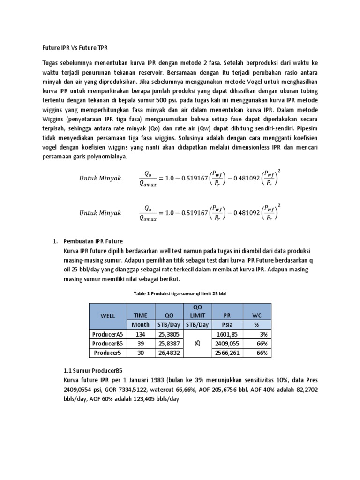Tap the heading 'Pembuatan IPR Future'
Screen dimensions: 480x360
point(93,241)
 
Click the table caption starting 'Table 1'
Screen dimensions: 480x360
point(180,293)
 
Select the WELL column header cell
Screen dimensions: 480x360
point(107,315)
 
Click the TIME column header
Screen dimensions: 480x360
point(141,315)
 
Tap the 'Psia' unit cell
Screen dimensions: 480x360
point(227,324)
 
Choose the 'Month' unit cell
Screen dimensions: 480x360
point(141,324)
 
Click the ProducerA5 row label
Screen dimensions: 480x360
point(107,334)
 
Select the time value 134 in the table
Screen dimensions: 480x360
point(141,334)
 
